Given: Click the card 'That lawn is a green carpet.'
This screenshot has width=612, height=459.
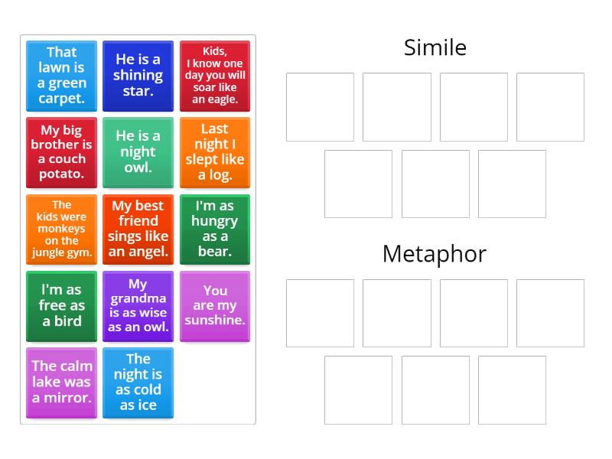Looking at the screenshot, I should tap(61, 76).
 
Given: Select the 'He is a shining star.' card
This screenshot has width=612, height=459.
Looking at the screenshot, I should tap(138, 76).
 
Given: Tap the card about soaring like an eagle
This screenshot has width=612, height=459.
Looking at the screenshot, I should tap(215, 76).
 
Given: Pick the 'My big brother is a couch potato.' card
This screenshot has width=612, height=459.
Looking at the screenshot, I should tap(61, 152).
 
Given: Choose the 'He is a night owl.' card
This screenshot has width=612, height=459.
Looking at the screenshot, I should tap(138, 152).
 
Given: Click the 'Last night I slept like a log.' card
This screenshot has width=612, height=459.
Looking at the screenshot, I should tap(215, 152).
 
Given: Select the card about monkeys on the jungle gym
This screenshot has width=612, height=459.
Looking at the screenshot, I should tap(61, 229).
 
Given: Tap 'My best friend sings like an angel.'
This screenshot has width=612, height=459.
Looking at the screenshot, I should tap(138, 229).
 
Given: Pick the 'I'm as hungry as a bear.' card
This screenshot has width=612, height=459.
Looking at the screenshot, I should tap(215, 229).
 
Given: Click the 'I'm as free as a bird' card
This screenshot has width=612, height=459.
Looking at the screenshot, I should tap(61, 305).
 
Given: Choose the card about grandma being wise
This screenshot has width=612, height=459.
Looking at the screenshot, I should tap(138, 305).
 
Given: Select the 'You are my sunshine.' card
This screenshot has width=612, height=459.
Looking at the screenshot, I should tap(215, 305).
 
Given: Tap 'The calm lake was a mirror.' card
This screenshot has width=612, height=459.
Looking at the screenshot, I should tap(61, 382).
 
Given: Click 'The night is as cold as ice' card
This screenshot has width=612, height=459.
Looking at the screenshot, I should tap(138, 382).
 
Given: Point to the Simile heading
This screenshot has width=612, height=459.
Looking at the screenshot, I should tap(435, 47).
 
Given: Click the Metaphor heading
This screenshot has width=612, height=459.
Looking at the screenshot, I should tap(435, 254).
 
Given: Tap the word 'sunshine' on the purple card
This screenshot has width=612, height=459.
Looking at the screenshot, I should tap(215, 321).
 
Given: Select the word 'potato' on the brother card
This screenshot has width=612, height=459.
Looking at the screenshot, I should tap(61, 174).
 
